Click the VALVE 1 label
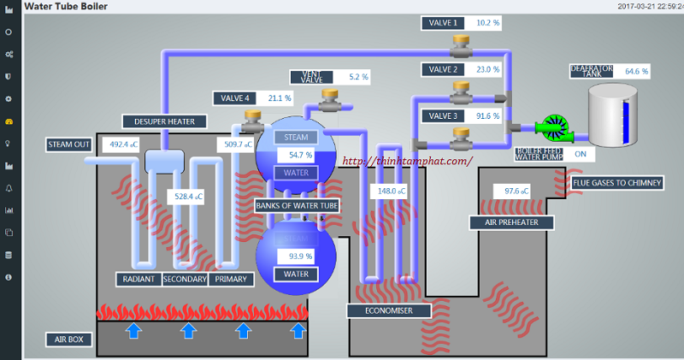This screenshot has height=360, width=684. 444,23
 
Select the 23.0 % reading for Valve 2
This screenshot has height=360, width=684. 488,69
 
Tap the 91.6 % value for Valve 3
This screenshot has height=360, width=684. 488,115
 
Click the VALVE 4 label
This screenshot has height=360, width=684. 235,98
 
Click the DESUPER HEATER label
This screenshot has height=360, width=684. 158,121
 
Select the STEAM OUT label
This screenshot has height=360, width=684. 69,145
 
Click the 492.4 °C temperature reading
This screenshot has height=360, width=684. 119,145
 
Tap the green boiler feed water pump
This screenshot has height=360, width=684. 553,129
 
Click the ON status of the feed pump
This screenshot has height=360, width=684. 581,154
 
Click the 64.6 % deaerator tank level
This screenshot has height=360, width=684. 636,71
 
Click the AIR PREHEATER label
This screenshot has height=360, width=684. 511,223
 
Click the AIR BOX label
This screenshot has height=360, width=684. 69,339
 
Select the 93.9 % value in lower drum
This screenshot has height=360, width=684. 300,256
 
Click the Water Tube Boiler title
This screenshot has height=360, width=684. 60,6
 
